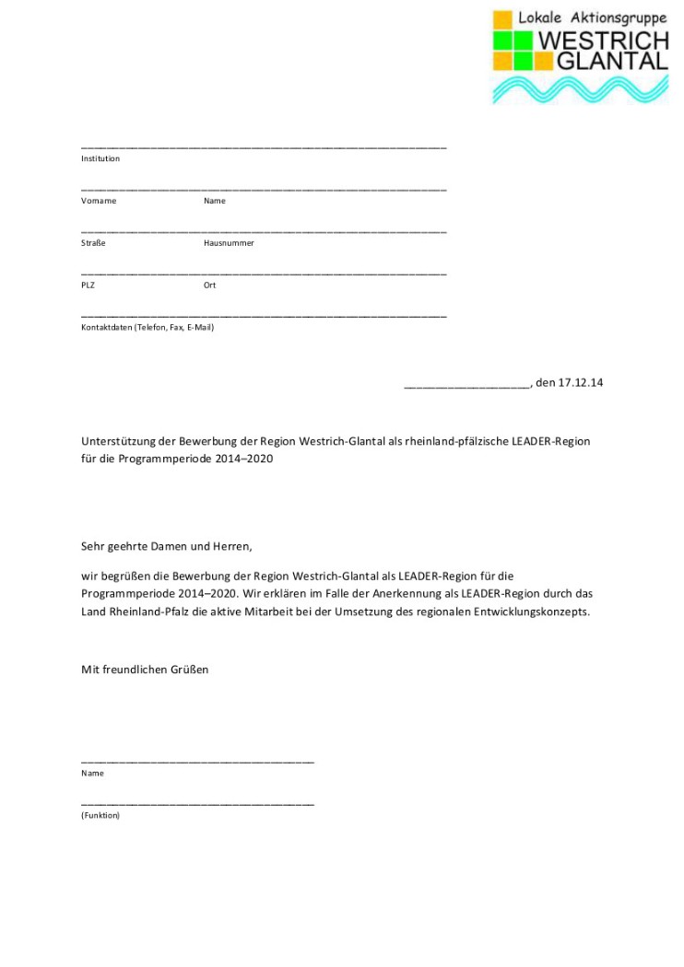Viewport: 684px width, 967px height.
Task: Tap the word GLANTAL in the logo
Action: (x=612, y=61)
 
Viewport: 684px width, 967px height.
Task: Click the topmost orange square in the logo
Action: (x=503, y=19)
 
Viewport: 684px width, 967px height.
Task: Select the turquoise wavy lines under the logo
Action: (x=580, y=89)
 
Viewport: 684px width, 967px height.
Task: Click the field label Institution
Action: (x=100, y=158)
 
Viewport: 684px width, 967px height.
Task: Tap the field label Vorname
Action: (x=99, y=201)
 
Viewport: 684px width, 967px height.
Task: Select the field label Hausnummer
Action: (x=229, y=243)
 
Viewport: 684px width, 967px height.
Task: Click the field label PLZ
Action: (x=88, y=285)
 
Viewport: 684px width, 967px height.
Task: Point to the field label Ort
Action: (x=209, y=285)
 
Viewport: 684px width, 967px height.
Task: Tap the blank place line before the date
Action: (x=466, y=386)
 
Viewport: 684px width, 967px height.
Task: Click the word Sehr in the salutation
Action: (x=92, y=546)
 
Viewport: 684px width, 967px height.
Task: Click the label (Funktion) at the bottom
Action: (x=100, y=815)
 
